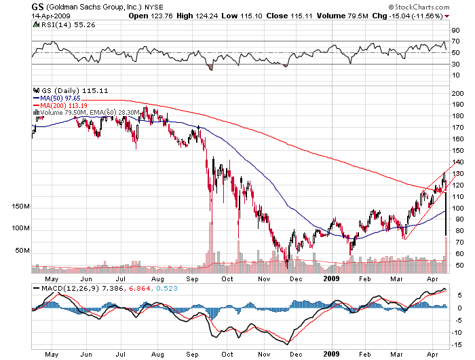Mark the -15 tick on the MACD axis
click(459, 344)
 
